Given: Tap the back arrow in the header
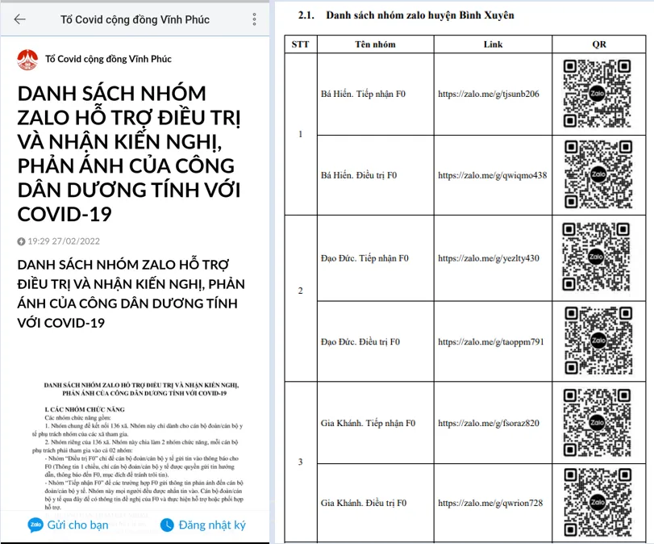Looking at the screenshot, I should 19,19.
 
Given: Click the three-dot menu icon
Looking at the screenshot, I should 255,19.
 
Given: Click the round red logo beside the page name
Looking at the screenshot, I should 27,58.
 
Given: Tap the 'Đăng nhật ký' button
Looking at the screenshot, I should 202,525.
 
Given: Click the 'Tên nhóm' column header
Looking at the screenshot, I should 375,44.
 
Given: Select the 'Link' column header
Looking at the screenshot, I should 494,44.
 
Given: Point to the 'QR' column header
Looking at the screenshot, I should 598,44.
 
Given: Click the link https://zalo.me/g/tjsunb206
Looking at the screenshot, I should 489,94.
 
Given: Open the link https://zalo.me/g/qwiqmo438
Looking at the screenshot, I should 492,175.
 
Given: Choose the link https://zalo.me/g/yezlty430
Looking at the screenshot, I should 489,258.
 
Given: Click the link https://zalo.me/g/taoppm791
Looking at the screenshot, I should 491,341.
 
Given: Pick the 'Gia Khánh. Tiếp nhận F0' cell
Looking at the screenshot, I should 368,423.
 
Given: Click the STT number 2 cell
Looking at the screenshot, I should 301,290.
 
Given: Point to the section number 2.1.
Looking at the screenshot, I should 306,15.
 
